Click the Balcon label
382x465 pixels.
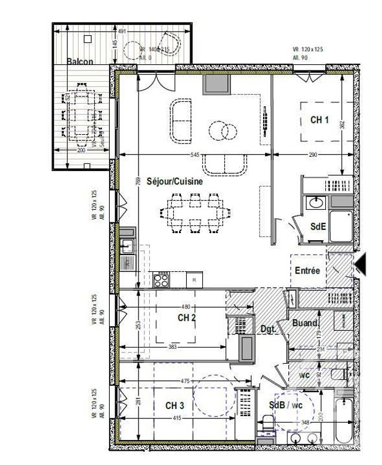point(79,61)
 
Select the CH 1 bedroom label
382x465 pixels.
point(319,120)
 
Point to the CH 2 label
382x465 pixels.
point(186,318)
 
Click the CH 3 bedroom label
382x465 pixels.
point(174,405)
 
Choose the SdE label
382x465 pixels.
point(318,227)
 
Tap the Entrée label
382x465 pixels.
point(307,271)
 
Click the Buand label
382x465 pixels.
point(304,323)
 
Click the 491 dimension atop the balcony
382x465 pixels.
point(122,32)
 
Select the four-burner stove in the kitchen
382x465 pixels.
point(161,278)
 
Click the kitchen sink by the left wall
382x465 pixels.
point(127,246)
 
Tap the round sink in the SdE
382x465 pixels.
point(315,204)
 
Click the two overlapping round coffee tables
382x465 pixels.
point(220,129)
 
